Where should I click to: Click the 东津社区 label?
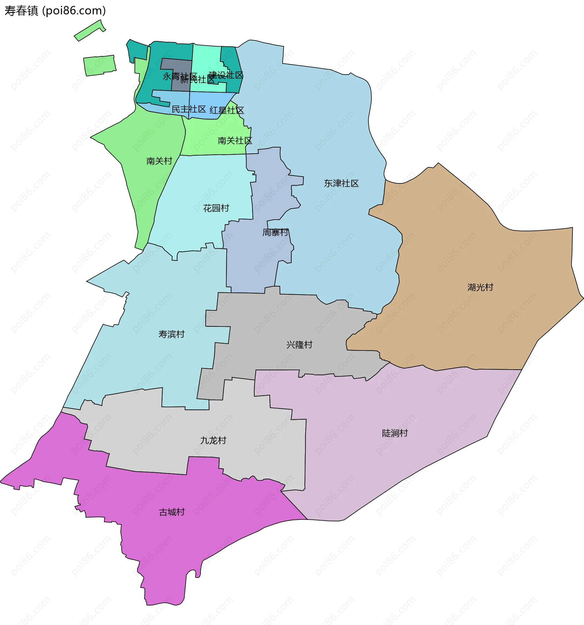341,183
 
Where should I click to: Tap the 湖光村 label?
480,287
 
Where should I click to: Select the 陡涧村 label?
395,433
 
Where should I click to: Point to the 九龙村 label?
213,440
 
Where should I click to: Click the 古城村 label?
172,512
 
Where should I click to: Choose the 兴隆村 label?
299,345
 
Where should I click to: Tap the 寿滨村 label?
171,334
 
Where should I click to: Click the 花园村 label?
216,208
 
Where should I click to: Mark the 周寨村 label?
275,233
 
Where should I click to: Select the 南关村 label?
159,161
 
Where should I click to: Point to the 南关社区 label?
235,141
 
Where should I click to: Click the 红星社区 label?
227,110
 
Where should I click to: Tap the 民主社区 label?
189,109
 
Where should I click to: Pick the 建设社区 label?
226,75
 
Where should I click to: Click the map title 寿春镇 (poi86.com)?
55,11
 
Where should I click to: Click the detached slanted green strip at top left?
90,30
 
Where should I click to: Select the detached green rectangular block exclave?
99,65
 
